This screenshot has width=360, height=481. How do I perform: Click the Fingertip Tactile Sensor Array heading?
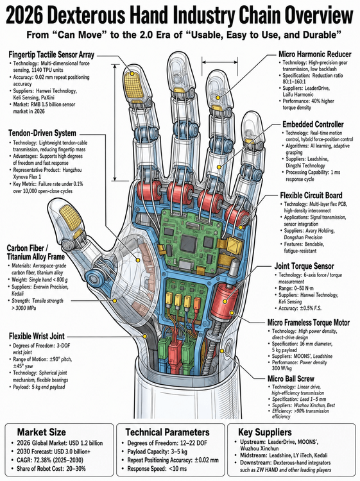tap(51, 55)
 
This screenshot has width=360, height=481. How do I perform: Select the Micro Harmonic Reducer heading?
tap(315, 55)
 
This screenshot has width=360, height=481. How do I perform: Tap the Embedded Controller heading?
tap(313, 124)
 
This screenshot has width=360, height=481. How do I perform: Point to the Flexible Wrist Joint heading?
tap(37, 336)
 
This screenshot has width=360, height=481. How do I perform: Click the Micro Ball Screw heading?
tap(291, 378)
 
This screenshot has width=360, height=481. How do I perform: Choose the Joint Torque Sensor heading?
tap(304, 266)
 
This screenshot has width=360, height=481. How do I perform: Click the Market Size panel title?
tap(42, 432)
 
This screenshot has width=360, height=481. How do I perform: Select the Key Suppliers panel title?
tap(265, 432)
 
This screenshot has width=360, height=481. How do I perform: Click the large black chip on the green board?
tap(188, 243)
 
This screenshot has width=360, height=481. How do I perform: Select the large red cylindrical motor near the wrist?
tap(226, 301)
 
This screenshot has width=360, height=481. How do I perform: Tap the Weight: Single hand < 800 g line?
tap(38, 280)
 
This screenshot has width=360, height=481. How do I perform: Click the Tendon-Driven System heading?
tap(42, 133)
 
